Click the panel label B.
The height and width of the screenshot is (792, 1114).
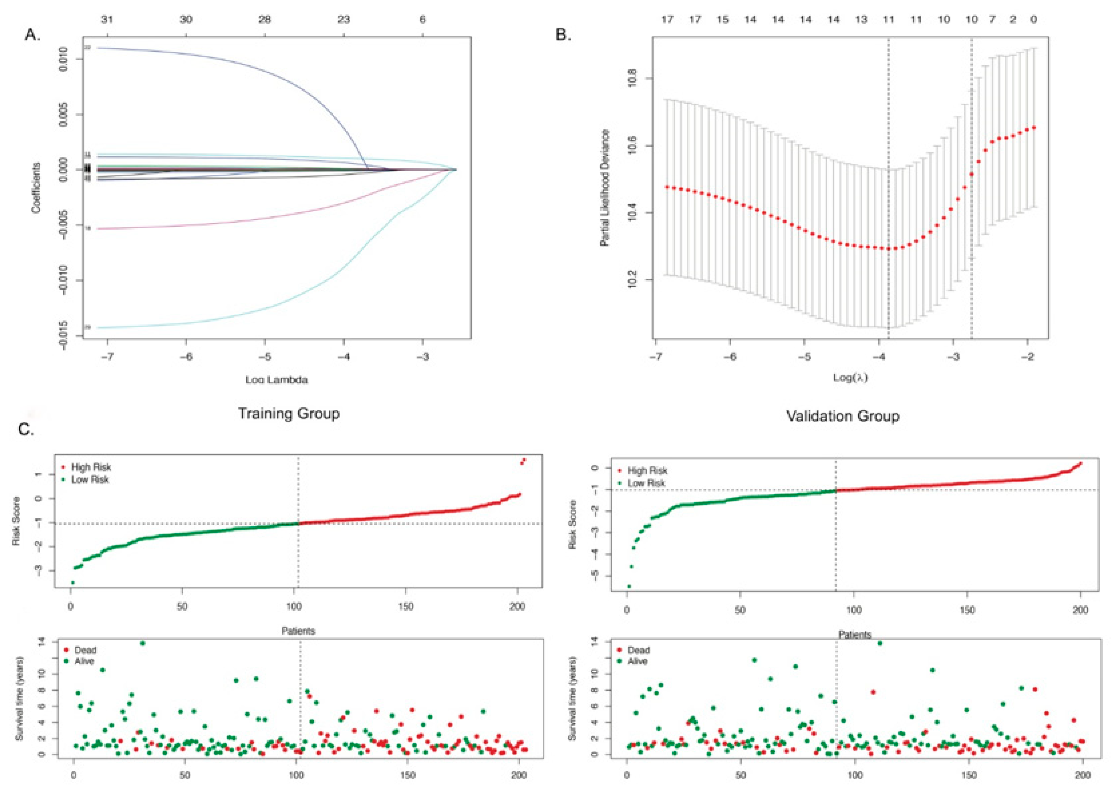pyautogui.click(x=564, y=35)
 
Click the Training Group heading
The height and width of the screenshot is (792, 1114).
pyautogui.click(x=289, y=414)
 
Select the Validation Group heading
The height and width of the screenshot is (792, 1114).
pyautogui.click(x=843, y=416)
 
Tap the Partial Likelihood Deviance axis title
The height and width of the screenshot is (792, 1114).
pyautogui.click(x=605, y=188)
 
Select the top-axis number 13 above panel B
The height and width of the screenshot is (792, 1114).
pyautogui.click(x=861, y=20)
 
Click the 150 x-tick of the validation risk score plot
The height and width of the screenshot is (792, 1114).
pyautogui.click(x=967, y=610)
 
